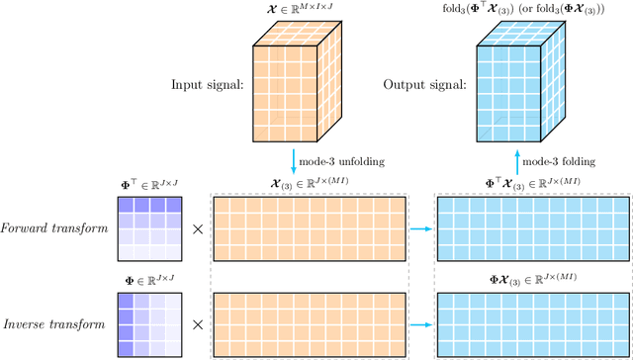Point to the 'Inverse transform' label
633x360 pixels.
click(55, 323)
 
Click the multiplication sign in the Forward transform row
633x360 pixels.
click(198, 228)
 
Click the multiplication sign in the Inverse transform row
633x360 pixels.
click(198, 323)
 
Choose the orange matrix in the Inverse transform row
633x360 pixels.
click(309, 322)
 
